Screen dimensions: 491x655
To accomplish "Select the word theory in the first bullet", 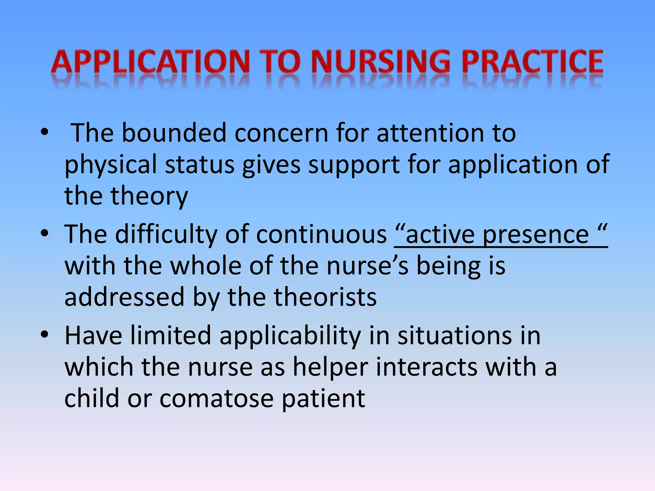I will pos(149,196).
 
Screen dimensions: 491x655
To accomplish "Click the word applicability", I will pos(290,336).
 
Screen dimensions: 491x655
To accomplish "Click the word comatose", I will pos(216,398).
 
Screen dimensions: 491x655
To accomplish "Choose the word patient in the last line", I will pos(323,398).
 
